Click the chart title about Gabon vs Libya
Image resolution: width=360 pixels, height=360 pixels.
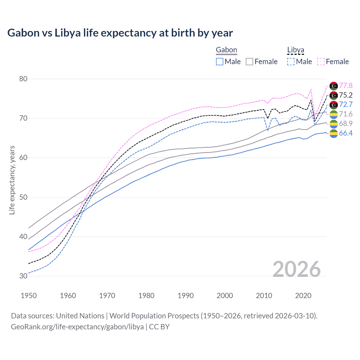click(120, 33)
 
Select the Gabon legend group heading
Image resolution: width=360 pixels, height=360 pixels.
click(226, 50)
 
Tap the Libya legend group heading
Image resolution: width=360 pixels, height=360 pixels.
click(296, 50)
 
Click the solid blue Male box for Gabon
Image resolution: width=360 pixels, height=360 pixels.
click(220, 62)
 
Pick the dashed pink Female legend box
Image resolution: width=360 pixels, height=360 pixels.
click(321, 62)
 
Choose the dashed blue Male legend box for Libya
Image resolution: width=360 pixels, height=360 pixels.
click(291, 62)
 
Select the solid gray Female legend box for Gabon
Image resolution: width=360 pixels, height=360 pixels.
click(249, 62)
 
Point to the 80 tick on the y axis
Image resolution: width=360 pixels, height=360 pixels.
click(23, 79)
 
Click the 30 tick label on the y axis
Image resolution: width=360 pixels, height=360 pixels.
click(23, 276)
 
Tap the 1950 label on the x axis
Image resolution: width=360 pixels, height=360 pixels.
click(29, 296)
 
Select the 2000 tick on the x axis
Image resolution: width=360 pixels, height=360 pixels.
click(225, 296)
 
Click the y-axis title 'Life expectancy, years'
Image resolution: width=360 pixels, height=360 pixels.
click(12, 180)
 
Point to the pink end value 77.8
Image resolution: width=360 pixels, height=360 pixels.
click(346, 85)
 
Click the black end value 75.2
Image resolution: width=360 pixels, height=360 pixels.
click(346, 95)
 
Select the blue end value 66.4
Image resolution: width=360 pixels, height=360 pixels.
click(346, 133)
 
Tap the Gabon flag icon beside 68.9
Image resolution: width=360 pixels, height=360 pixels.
click(334, 124)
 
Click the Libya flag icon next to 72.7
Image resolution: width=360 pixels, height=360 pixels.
click(334, 105)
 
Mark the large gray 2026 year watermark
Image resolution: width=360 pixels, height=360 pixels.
click(296, 269)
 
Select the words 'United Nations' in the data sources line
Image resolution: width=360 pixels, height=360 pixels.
click(80, 316)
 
